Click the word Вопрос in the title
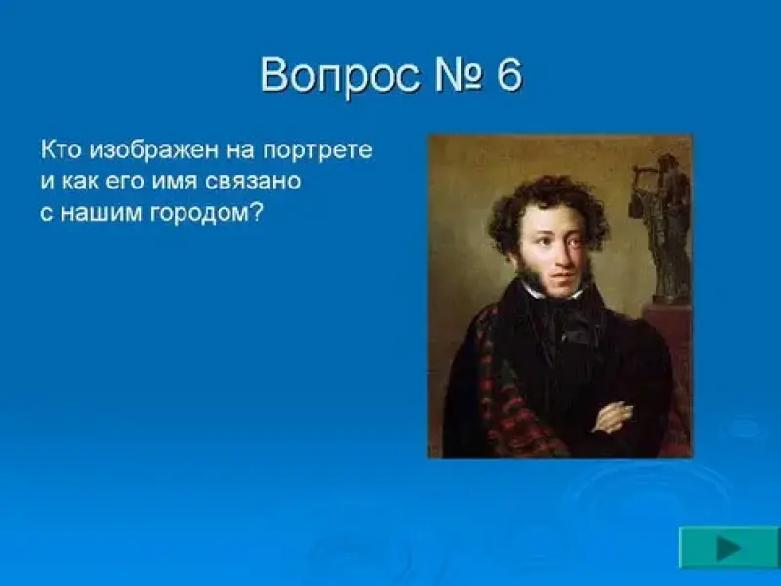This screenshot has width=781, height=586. (x=340, y=77)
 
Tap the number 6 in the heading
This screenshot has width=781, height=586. (x=509, y=75)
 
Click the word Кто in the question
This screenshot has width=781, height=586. (x=61, y=149)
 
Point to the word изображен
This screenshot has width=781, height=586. (x=154, y=150)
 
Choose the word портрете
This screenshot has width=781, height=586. (x=317, y=151)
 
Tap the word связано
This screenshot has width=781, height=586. (x=253, y=182)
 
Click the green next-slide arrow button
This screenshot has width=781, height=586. (x=729, y=548)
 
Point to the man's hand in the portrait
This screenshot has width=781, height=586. (x=612, y=418)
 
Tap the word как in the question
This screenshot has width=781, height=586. (x=81, y=182)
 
